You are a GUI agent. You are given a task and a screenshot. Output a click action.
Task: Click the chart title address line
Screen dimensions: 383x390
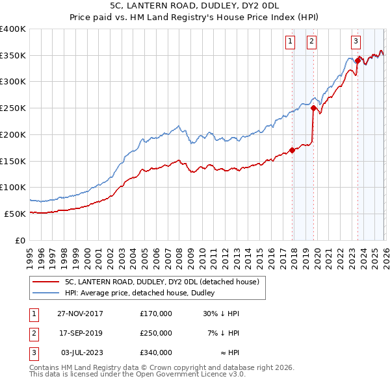point(194,5)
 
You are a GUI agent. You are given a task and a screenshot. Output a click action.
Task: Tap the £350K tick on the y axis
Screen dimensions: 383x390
point(13,56)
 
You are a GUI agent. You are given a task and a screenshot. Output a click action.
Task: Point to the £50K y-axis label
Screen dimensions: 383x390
point(15,214)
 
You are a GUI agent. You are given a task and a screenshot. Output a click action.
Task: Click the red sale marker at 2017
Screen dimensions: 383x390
point(292,150)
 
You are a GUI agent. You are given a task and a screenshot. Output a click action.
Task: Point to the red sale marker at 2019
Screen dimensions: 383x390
point(313,108)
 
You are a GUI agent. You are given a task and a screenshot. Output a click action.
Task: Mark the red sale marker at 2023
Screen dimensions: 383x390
point(357,61)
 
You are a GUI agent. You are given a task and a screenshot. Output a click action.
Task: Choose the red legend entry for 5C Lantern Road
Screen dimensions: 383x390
point(162,282)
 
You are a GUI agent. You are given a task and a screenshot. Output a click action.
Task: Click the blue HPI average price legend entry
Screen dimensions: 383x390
point(143,293)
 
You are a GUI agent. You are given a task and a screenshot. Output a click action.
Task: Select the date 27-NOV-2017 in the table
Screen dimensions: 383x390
point(80,314)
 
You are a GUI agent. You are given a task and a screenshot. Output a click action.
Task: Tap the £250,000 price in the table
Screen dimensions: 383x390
point(155,333)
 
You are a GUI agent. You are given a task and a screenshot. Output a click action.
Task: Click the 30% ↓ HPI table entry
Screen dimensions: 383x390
point(221,314)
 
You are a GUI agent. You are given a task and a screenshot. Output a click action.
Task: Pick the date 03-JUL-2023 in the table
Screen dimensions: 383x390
point(80,352)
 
